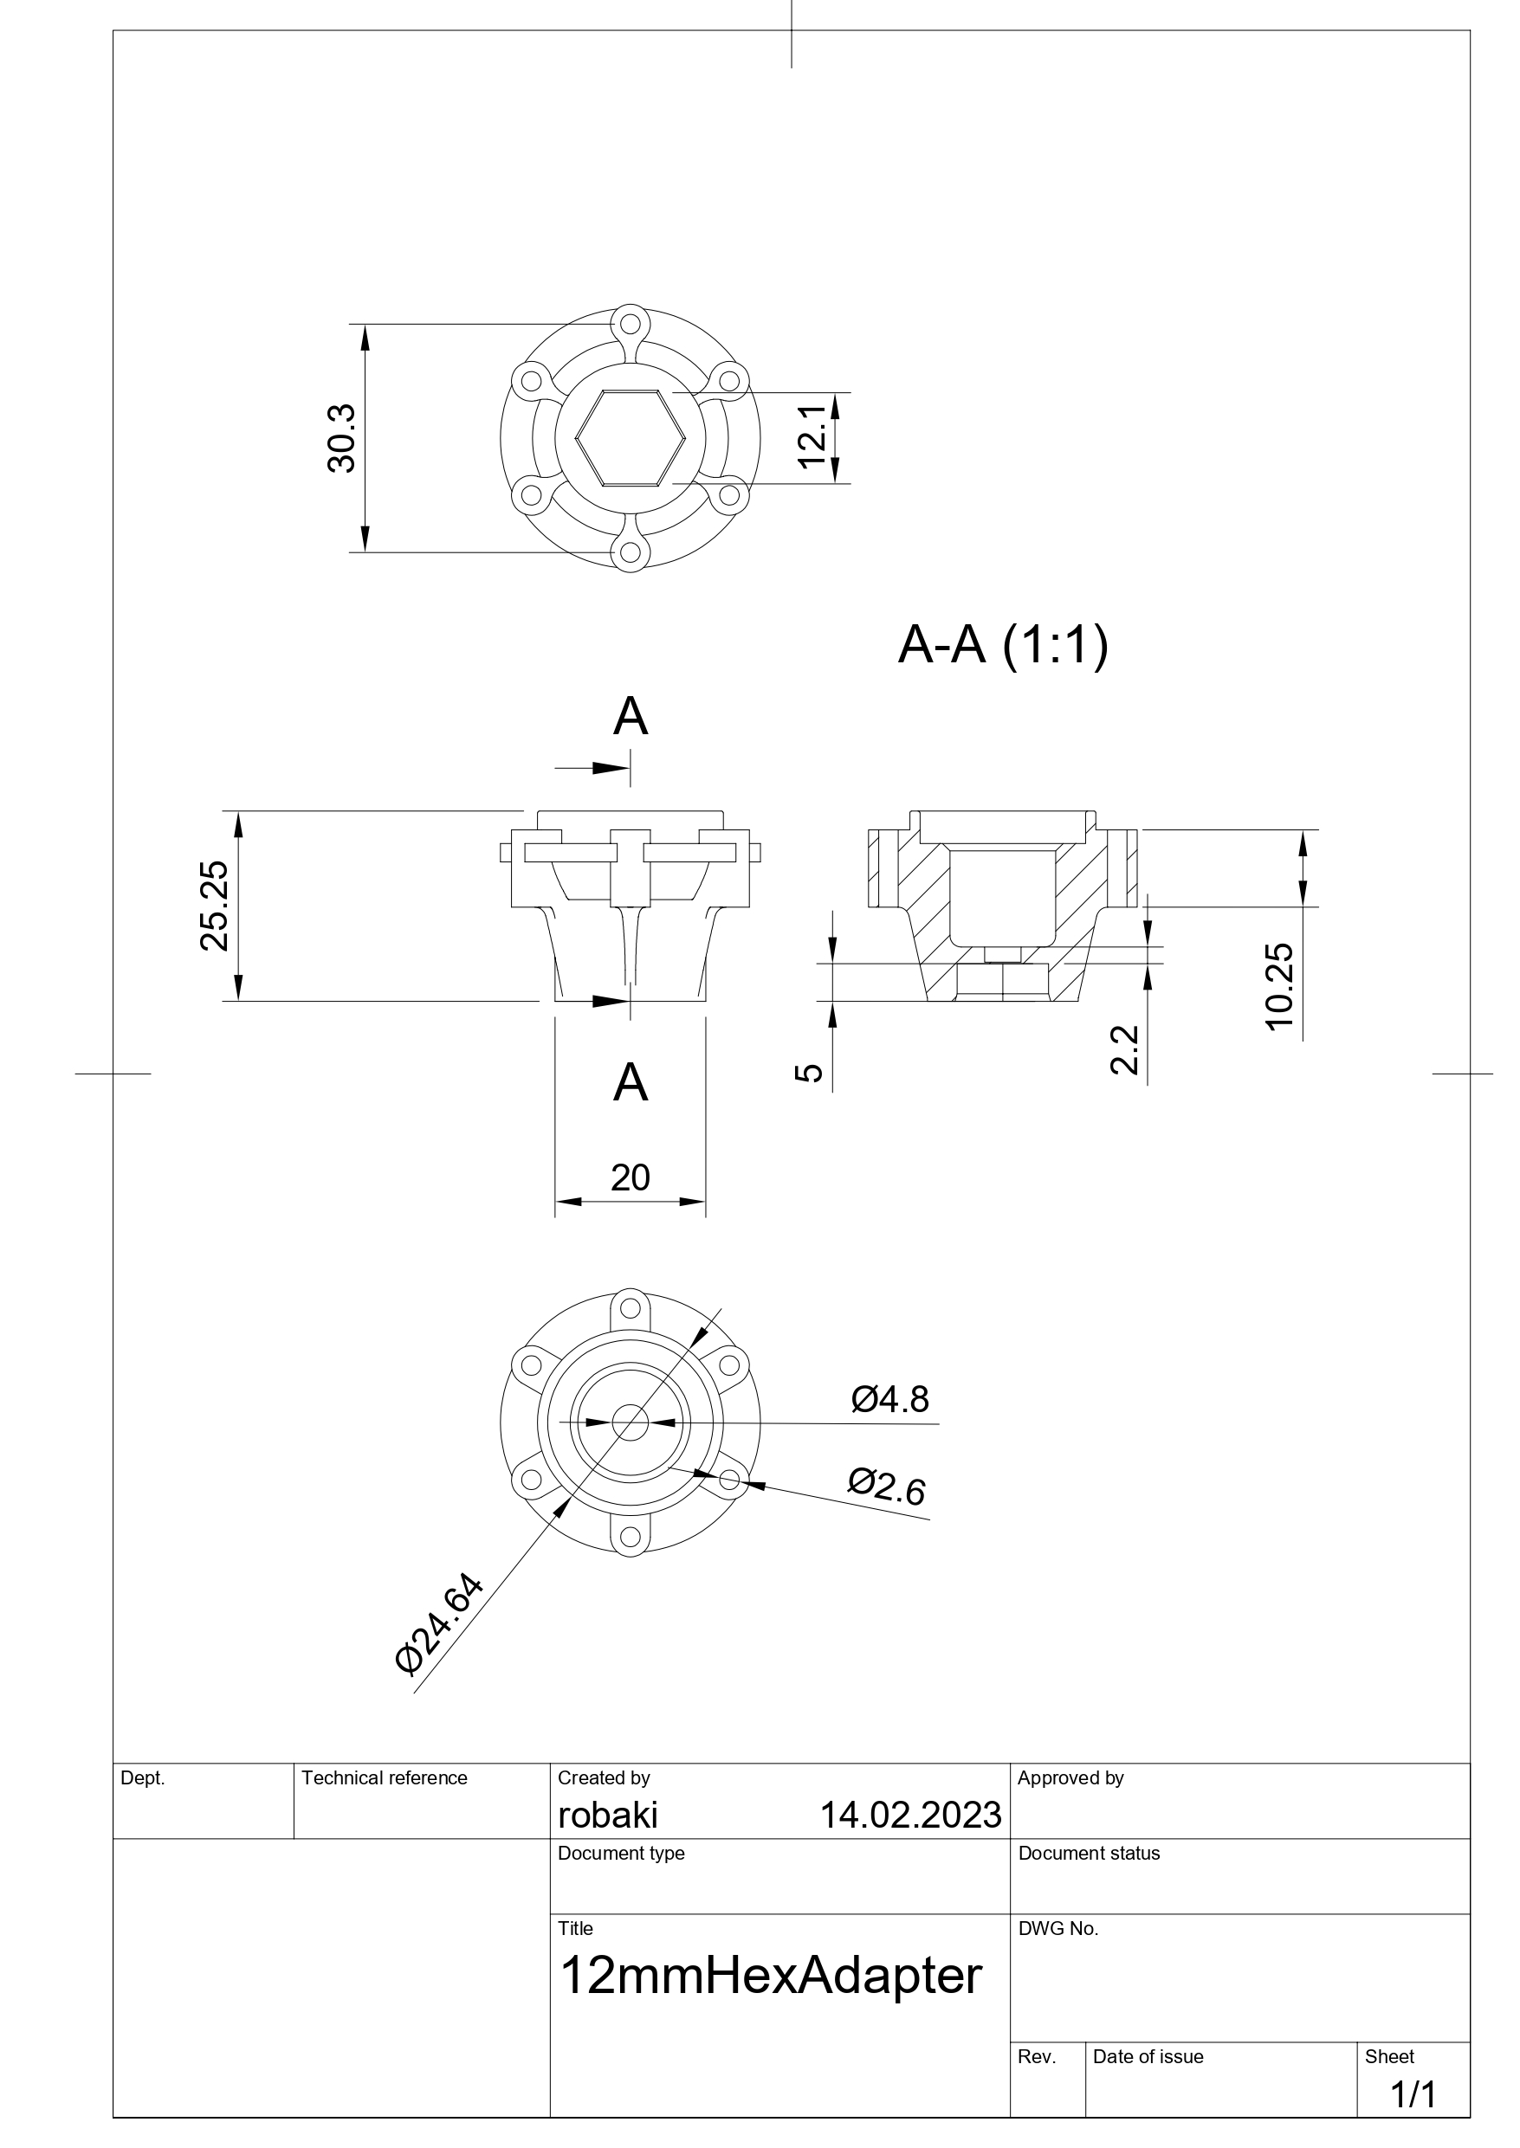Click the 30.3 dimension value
pos(341,438)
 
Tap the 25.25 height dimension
pos(214,905)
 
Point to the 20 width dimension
pos(630,1177)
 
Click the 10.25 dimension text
pos(1278,987)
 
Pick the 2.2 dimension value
pos(1123,1048)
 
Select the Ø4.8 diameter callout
pos(889,1400)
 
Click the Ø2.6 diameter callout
pos(886,1487)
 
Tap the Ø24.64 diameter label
pos(439,1624)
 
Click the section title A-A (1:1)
pos(1002,645)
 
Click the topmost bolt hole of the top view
pos(630,326)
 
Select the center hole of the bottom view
pos(630,1423)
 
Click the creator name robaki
pos(607,1815)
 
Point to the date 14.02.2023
pos(909,1815)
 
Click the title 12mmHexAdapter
pos(769,1977)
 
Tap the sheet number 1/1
pos(1413,2095)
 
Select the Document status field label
pos(1089,1854)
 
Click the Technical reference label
pos(384,1777)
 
